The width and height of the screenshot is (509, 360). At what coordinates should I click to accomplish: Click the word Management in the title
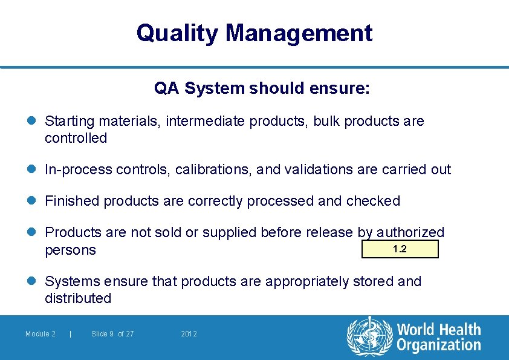coord(299,33)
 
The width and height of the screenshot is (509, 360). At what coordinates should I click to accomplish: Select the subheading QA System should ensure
coord(262,89)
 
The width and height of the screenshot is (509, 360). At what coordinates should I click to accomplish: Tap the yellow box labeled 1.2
coord(400,249)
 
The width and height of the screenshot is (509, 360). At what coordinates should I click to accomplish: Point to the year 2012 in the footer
coord(189,334)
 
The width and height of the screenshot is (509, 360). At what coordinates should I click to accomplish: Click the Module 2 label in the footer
coord(41,334)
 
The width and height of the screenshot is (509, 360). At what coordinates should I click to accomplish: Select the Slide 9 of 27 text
coord(112,334)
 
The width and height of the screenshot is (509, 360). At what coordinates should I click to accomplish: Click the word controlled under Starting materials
coord(76,138)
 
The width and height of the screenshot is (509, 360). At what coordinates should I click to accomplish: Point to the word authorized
coord(410,232)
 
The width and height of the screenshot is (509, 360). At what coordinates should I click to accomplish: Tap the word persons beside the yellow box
coord(70,250)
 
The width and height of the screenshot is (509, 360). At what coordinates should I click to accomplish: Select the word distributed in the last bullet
coord(78,298)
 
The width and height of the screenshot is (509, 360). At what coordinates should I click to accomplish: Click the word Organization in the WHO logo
coord(438,345)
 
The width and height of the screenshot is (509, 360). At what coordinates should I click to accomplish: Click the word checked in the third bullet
coord(373,201)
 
